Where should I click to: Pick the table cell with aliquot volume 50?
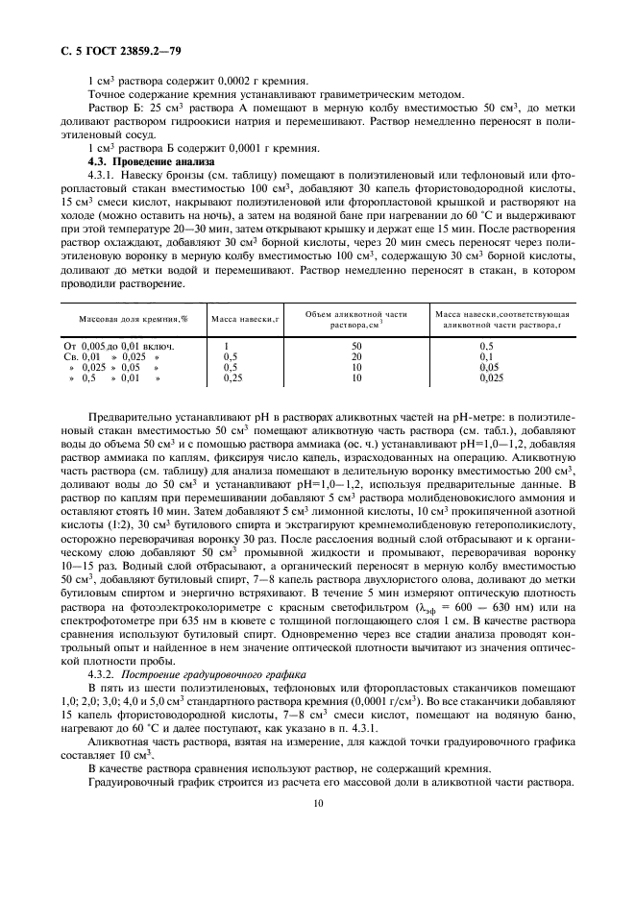[x=357, y=345]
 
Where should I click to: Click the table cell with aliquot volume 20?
[x=357, y=356]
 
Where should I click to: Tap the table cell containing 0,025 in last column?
[x=492, y=378]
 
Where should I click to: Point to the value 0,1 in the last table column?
[x=487, y=356]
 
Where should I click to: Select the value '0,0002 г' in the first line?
[x=232, y=81]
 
